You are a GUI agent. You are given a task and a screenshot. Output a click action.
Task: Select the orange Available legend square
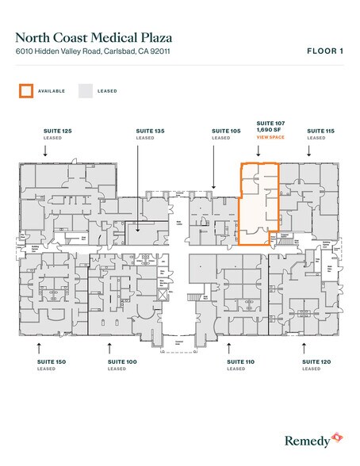click(26, 90)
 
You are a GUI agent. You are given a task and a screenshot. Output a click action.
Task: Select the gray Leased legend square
click(85, 90)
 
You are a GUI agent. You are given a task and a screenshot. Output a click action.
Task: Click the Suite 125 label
click(57, 130)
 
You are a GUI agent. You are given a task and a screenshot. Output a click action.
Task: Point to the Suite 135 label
click(150, 130)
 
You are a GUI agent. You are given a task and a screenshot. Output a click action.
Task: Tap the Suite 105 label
click(225, 130)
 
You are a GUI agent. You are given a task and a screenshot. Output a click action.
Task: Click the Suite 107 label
click(270, 124)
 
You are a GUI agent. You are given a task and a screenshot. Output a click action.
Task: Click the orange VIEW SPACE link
click(270, 138)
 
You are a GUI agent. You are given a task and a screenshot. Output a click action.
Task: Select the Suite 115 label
click(320, 130)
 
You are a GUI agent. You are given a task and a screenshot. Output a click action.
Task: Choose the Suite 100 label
click(122, 361)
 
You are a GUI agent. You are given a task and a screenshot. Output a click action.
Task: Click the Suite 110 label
click(240, 361)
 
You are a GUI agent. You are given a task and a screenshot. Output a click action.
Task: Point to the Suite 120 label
click(316, 361)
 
